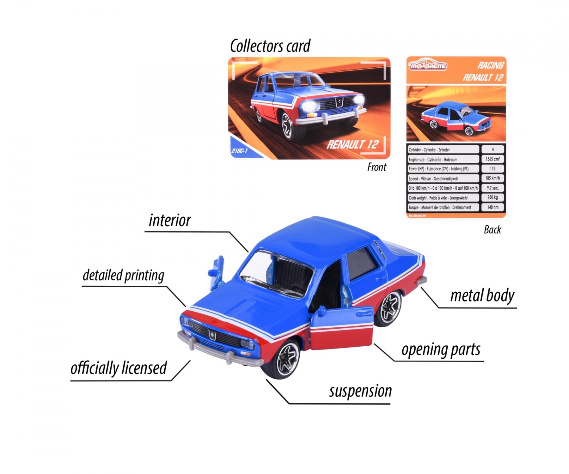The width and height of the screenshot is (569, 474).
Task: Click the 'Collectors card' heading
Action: click(x=270, y=46)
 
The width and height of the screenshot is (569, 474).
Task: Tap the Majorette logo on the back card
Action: click(x=427, y=65)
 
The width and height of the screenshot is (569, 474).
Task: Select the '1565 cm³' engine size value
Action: click(x=493, y=159)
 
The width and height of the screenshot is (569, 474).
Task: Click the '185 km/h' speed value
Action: click(x=493, y=178)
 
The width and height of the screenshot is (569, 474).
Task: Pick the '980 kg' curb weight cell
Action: click(x=493, y=197)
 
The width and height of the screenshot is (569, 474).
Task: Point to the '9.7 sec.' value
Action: click(x=493, y=188)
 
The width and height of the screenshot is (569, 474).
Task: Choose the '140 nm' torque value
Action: click(x=493, y=207)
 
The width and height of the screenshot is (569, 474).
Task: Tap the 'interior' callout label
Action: click(x=170, y=221)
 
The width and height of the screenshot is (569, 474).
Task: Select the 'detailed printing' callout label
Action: click(x=123, y=275)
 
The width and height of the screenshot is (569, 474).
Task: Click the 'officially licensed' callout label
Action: click(x=119, y=368)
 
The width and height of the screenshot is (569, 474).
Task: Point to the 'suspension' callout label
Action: click(x=360, y=391)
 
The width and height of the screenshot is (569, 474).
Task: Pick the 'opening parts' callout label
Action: click(x=441, y=349)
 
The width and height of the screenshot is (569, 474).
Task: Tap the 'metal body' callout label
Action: click(x=482, y=296)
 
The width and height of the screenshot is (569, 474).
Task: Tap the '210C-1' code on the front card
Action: click(x=239, y=151)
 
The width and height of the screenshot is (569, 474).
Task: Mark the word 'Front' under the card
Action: click(x=376, y=167)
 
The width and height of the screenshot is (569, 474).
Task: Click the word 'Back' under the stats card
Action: click(x=492, y=230)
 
